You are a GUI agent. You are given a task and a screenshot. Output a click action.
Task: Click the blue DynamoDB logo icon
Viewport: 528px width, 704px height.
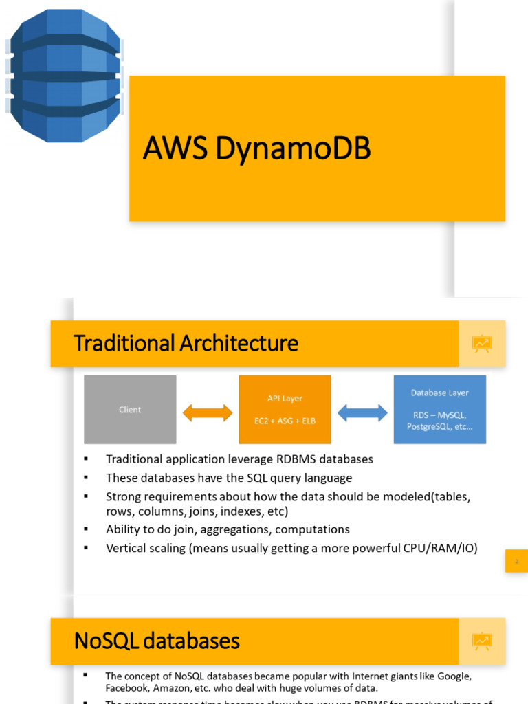(64, 75)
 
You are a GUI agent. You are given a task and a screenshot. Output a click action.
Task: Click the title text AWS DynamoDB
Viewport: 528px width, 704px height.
(256, 148)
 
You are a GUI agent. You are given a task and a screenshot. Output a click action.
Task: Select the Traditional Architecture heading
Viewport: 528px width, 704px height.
(186, 343)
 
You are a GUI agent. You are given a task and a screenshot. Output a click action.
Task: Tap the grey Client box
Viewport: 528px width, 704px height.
(130, 409)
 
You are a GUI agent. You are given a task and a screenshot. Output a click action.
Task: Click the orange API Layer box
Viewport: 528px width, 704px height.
(285, 409)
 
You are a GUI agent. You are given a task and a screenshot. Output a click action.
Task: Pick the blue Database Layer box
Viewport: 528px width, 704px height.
(439, 409)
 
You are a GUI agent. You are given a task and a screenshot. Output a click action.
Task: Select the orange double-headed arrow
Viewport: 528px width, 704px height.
(208, 412)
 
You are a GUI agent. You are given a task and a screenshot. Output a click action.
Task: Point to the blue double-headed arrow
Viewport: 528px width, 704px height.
(362, 412)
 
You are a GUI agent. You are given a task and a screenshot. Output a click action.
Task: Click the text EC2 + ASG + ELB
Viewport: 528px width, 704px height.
(285, 421)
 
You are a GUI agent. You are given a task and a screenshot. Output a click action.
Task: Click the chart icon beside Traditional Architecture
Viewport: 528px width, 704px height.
(482, 343)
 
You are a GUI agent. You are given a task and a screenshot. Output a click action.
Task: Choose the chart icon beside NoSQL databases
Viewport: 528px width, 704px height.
(482, 641)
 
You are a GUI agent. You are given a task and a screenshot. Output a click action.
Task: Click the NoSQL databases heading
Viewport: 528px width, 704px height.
(157, 641)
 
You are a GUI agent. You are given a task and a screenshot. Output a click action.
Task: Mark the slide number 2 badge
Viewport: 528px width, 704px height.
(516, 561)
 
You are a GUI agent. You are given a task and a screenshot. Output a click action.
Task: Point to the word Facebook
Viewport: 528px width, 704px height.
(126, 687)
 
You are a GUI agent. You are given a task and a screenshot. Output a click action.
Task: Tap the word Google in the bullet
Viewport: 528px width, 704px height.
(455, 676)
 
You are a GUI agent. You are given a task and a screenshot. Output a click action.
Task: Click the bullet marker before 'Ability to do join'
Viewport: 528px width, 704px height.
(87, 529)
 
